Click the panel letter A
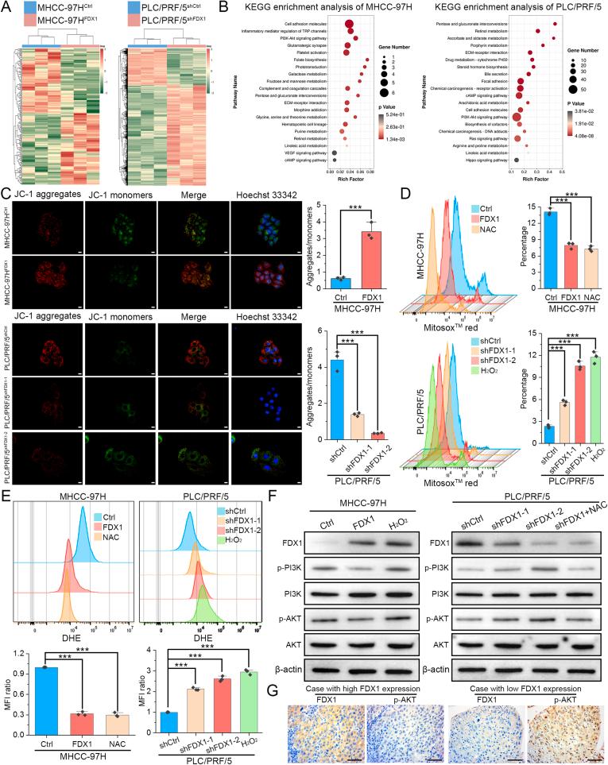click(x=7, y=7)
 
